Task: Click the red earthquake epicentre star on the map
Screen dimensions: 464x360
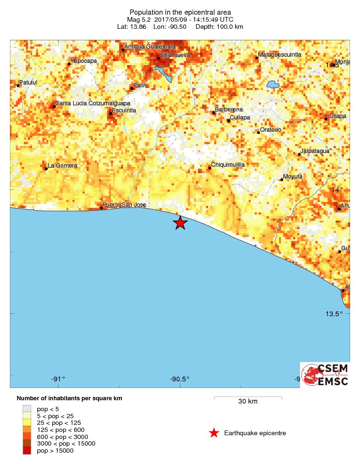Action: pyautogui.click(x=180, y=223)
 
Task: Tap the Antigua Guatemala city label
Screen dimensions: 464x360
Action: pyautogui.click(x=150, y=47)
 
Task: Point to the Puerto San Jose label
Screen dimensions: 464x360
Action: pyautogui.click(x=125, y=205)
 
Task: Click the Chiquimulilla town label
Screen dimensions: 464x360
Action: pyautogui.click(x=228, y=164)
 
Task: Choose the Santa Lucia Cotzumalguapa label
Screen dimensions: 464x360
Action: pyautogui.click(x=93, y=103)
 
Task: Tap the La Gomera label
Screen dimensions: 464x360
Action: pyautogui.click(x=62, y=166)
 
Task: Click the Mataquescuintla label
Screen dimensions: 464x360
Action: pyautogui.click(x=280, y=55)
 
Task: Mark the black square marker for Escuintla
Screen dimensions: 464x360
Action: pyautogui.click(x=111, y=113)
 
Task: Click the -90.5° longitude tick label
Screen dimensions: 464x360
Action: pyautogui.click(x=180, y=379)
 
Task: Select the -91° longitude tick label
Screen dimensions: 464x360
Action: pyautogui.click(x=58, y=379)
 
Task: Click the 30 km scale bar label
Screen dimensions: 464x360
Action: pyautogui.click(x=248, y=402)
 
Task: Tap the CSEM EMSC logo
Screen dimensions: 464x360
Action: pyautogui.click(x=325, y=375)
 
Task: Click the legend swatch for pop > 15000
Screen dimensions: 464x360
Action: pyautogui.click(x=27, y=451)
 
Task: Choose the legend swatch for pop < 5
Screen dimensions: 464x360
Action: pyautogui.click(x=27, y=408)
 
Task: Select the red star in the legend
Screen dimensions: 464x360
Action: pyautogui.click(x=214, y=433)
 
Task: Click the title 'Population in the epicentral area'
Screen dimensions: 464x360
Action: pyautogui.click(x=180, y=12)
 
